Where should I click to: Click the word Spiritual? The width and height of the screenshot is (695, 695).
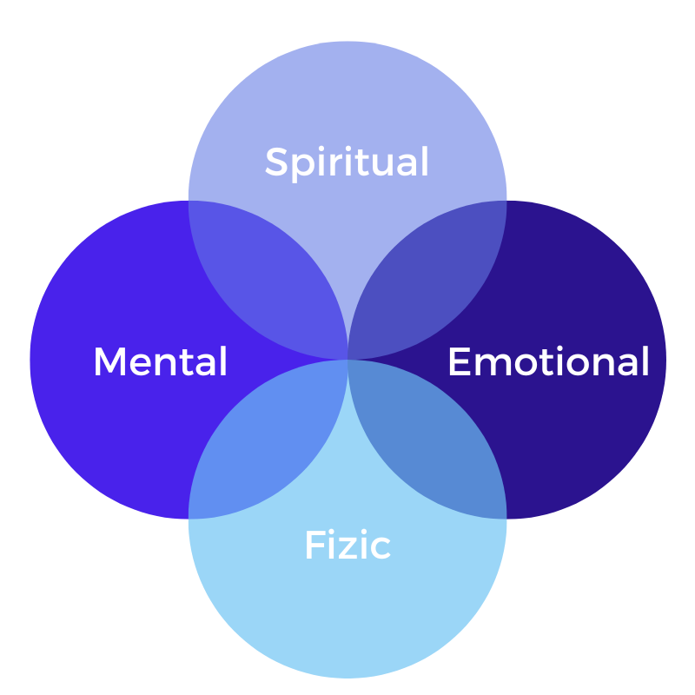point(347,162)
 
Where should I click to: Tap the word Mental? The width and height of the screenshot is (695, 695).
point(160,361)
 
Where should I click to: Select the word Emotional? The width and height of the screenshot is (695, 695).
point(548,361)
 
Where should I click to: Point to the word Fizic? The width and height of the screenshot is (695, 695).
point(347,546)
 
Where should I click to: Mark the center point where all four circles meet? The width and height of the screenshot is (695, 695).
point(347,359)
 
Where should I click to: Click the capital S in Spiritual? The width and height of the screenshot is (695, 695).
point(277,162)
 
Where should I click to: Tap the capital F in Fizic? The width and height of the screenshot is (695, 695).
point(314,546)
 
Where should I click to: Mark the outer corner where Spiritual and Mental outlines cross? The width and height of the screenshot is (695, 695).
point(189,201)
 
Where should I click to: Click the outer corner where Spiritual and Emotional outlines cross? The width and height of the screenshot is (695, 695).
point(506,201)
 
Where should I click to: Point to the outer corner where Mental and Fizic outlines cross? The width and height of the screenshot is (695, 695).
point(189,518)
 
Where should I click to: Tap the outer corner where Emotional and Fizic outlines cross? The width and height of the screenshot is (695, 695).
point(506,518)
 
